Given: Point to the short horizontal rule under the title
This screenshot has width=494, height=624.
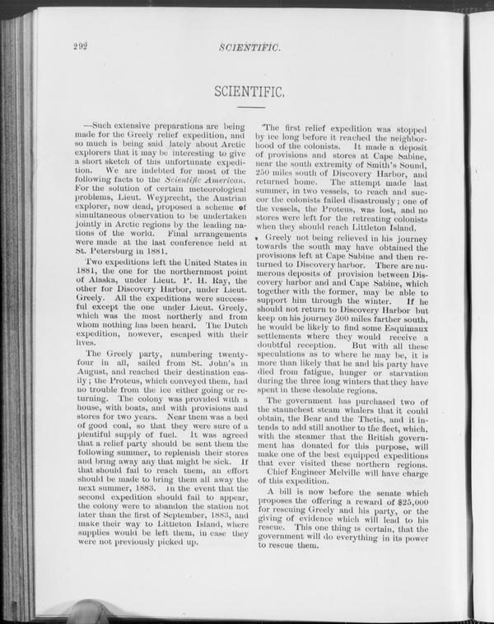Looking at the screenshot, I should point(250,107).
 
